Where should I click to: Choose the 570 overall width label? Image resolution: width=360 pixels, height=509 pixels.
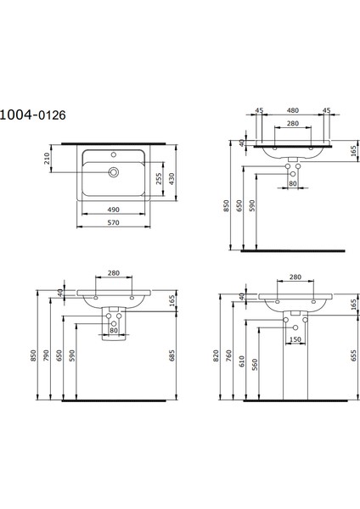tap(112, 224)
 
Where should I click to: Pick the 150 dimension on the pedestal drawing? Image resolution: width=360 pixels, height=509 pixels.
tap(295, 340)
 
